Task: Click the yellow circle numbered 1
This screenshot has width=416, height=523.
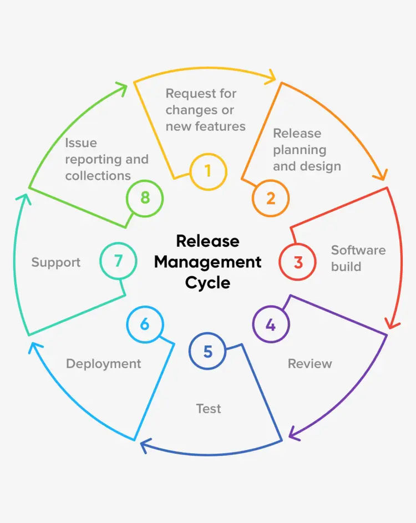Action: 208,171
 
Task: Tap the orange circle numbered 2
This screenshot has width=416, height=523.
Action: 271,198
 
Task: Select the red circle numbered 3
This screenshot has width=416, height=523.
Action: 297,261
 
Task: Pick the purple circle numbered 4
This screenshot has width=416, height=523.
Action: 271,324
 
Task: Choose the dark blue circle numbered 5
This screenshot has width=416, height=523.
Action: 207,351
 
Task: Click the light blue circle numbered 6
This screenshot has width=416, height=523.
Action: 145,324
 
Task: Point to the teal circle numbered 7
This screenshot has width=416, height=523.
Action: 118,261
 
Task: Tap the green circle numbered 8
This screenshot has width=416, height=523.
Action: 145,198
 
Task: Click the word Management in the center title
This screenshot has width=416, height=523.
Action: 207,262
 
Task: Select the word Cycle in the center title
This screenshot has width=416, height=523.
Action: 207,282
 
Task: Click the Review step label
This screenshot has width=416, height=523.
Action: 310,364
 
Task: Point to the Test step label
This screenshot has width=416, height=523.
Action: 209,409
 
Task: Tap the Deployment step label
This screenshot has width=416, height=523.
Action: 103,364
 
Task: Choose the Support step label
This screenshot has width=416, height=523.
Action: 55,262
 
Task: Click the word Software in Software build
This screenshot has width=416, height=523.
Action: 358,250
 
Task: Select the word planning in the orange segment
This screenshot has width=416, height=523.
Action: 300,150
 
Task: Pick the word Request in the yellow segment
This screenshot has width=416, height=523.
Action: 189,93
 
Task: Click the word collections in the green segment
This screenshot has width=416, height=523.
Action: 98,176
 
